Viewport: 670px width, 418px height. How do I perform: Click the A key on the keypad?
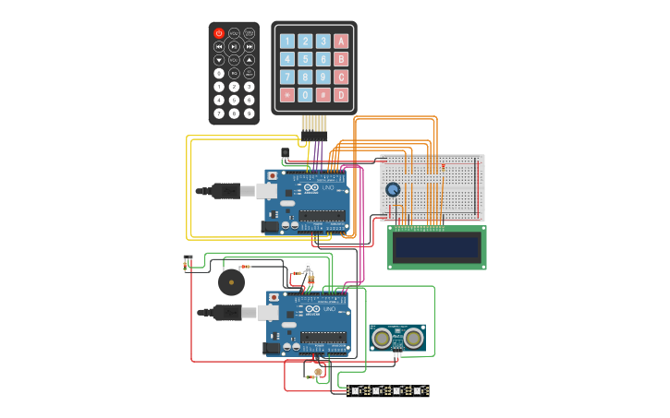click(x=341, y=41)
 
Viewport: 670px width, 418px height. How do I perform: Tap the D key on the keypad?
click(x=341, y=94)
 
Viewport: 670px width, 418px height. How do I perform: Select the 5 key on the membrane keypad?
click(x=305, y=59)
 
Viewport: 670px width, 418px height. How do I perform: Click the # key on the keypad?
click(x=323, y=94)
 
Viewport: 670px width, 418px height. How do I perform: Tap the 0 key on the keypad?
click(x=305, y=94)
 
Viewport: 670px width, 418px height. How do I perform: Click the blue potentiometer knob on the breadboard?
click(x=393, y=190)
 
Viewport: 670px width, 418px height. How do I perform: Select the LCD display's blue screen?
click(x=436, y=246)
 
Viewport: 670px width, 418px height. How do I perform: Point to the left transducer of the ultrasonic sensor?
click(x=382, y=339)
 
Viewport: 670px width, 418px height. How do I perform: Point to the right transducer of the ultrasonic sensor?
click(x=413, y=339)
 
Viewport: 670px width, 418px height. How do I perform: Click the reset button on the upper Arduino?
click(x=272, y=175)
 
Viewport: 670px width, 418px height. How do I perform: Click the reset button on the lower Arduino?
click(x=274, y=298)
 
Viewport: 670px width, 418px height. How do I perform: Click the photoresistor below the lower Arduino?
click(x=319, y=373)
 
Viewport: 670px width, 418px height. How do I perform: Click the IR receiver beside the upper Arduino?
click(x=285, y=152)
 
